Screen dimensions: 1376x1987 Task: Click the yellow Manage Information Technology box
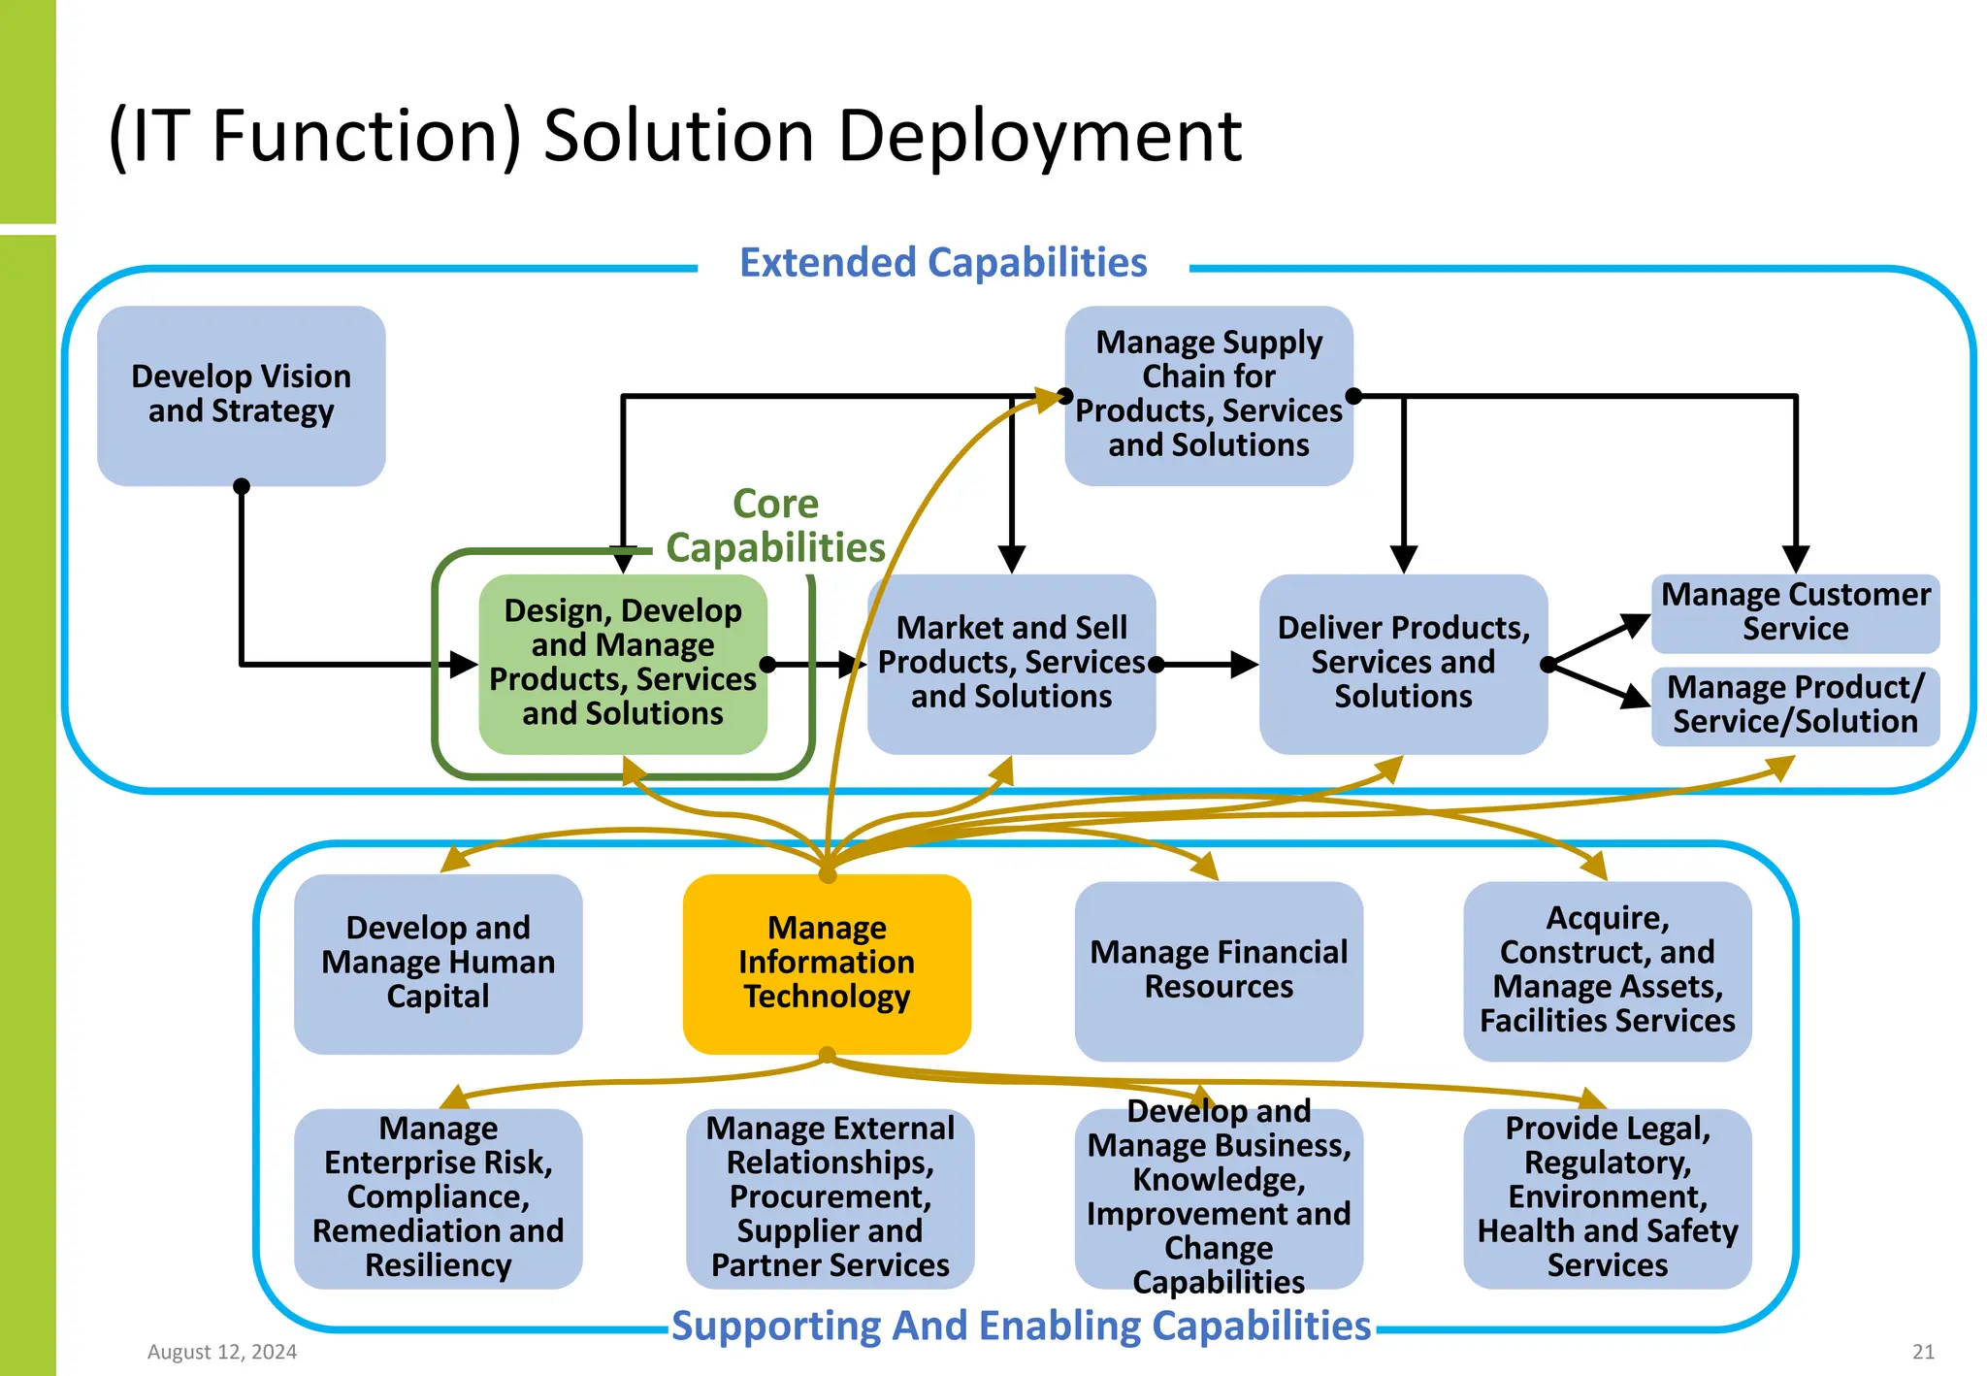827,963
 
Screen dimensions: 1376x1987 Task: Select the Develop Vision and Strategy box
241,395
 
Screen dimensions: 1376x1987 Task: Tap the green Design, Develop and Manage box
623,663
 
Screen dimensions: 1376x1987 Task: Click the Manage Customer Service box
1795,612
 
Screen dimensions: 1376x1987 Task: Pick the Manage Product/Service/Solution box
1795,705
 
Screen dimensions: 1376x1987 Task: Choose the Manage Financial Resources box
1219,969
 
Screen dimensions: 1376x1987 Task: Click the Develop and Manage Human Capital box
438,963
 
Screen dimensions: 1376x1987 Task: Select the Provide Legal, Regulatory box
1607,1197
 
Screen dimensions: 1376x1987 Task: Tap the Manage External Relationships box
830,1197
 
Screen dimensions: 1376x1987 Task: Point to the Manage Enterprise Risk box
438,1197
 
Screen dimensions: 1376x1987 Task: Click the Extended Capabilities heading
943,263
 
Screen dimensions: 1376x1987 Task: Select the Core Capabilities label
775,527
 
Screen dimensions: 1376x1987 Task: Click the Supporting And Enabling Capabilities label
1021,1326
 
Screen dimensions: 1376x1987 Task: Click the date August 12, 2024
222,1352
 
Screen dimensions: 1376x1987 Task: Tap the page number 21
1923,1352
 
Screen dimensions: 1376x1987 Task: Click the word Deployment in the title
1039,136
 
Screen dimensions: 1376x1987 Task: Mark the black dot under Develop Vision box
242,486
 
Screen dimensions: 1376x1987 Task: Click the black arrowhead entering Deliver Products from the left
1243,665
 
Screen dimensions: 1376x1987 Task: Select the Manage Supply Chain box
1208,395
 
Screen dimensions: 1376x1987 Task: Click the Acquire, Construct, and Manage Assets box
1607,969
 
